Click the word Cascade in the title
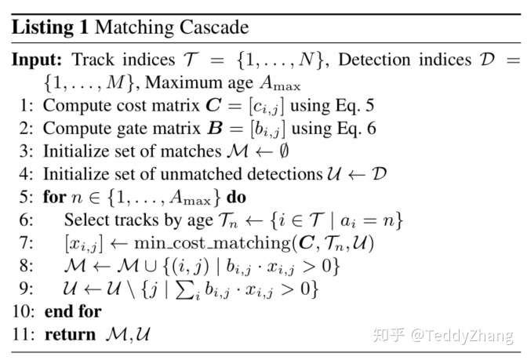[x=215, y=28]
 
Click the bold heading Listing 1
[x=50, y=28]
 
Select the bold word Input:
[x=38, y=60]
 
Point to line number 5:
[x=24, y=197]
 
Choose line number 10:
[x=21, y=311]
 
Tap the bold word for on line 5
[x=53, y=197]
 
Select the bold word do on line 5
[x=236, y=197]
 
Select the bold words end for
[x=73, y=311]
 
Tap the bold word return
[x=71, y=334]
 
